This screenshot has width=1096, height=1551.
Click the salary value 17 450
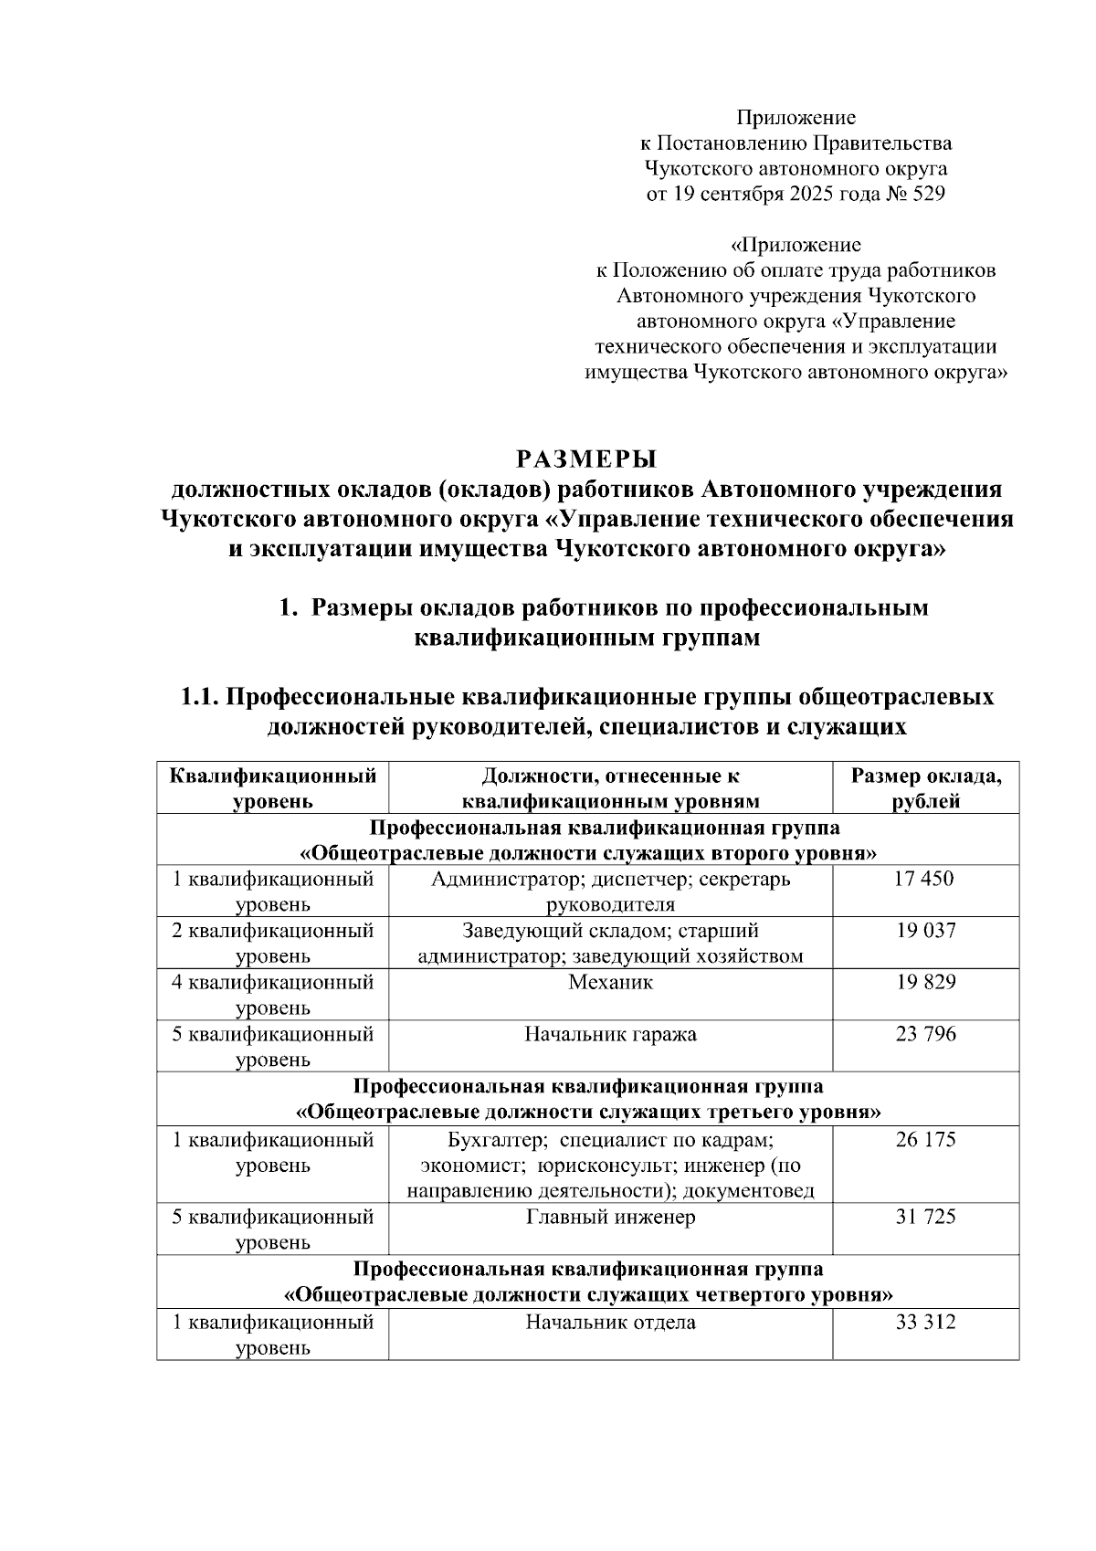click(x=925, y=879)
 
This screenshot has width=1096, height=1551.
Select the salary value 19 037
click(x=925, y=931)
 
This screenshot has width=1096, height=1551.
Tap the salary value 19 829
click(x=925, y=982)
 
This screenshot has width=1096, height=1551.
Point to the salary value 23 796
click(x=925, y=1034)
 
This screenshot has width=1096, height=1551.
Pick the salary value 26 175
click(x=925, y=1139)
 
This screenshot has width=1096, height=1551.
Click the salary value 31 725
click(x=925, y=1217)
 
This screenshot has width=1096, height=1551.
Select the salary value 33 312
click(x=925, y=1322)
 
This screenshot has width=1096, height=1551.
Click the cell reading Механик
click(x=610, y=983)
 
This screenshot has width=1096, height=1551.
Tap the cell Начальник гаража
click(x=610, y=1035)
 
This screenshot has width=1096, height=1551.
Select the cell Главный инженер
click(x=610, y=1218)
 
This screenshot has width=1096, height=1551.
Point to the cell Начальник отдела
click(x=610, y=1323)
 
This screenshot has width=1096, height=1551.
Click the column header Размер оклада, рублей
click(x=925, y=788)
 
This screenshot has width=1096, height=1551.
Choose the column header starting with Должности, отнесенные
click(x=610, y=788)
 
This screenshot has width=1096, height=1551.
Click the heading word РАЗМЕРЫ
click(x=586, y=458)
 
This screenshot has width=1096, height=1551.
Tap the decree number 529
click(x=928, y=194)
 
